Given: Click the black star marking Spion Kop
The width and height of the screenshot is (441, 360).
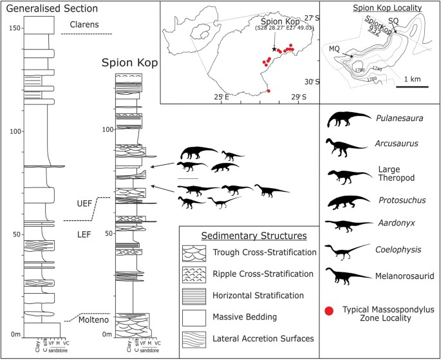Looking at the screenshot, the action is coord(275,49).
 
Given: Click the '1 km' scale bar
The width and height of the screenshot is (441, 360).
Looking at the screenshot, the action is coord(413,85).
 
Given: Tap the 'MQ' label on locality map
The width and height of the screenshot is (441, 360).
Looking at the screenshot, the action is coord(333,48).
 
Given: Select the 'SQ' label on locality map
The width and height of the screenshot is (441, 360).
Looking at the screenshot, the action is coord(393,21).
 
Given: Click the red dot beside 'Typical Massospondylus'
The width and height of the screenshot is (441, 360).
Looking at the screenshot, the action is coord(329,312).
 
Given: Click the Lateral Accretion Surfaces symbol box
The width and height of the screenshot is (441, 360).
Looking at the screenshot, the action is coord(198,337).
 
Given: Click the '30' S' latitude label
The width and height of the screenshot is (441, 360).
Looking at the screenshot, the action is coord(311,82).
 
